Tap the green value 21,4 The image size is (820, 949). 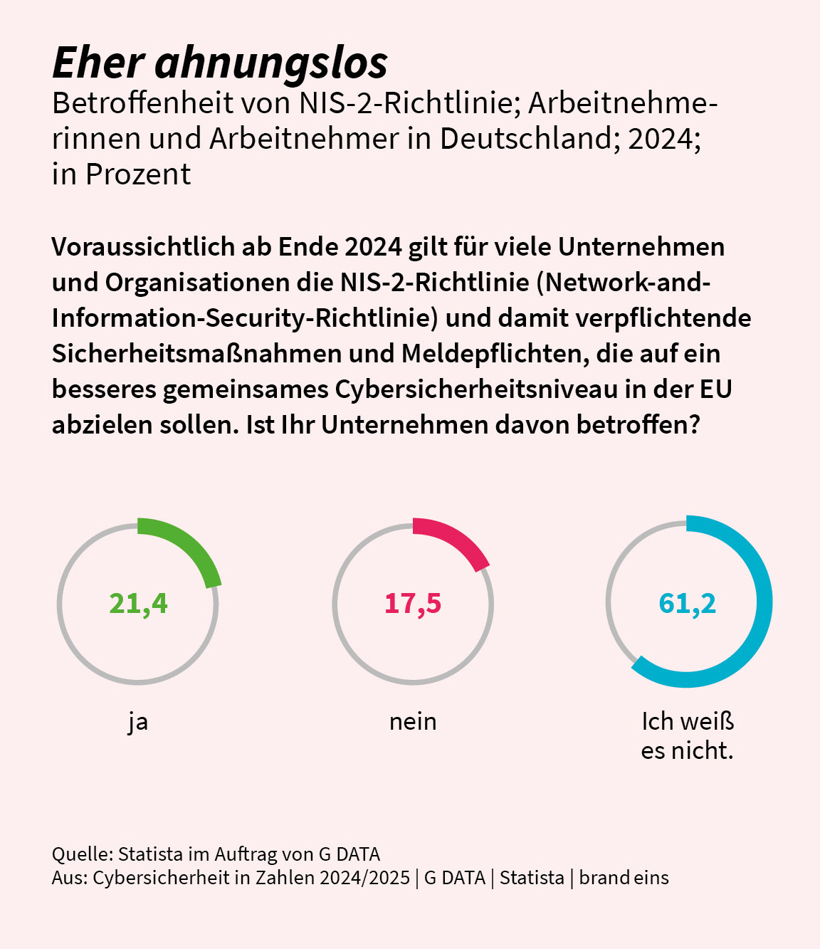tap(138, 604)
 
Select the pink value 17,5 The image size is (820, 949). tap(413, 604)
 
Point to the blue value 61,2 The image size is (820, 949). tap(687, 604)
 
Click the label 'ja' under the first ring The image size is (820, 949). tap(138, 722)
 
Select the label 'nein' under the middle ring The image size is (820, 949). tap(413, 722)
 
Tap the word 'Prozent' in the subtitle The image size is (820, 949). tap(138, 174)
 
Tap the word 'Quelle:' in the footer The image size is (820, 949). tap(82, 854)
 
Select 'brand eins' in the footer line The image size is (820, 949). tap(624, 877)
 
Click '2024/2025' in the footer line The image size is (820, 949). tap(364, 877)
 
